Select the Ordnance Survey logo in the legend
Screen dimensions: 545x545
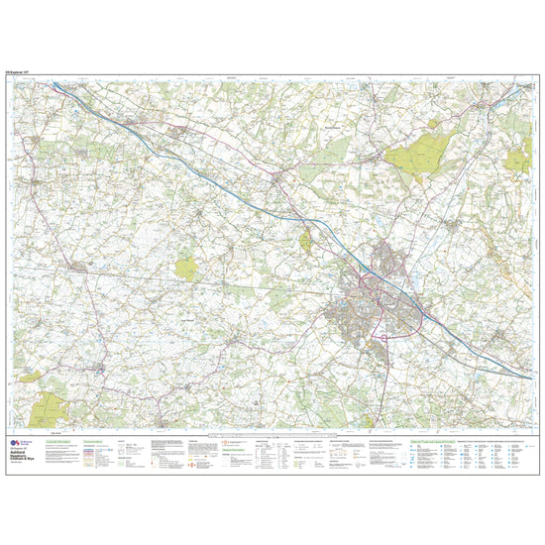point(15,441)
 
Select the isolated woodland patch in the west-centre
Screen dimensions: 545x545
point(185,266)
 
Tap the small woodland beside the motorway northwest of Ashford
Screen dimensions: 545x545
point(307,237)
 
